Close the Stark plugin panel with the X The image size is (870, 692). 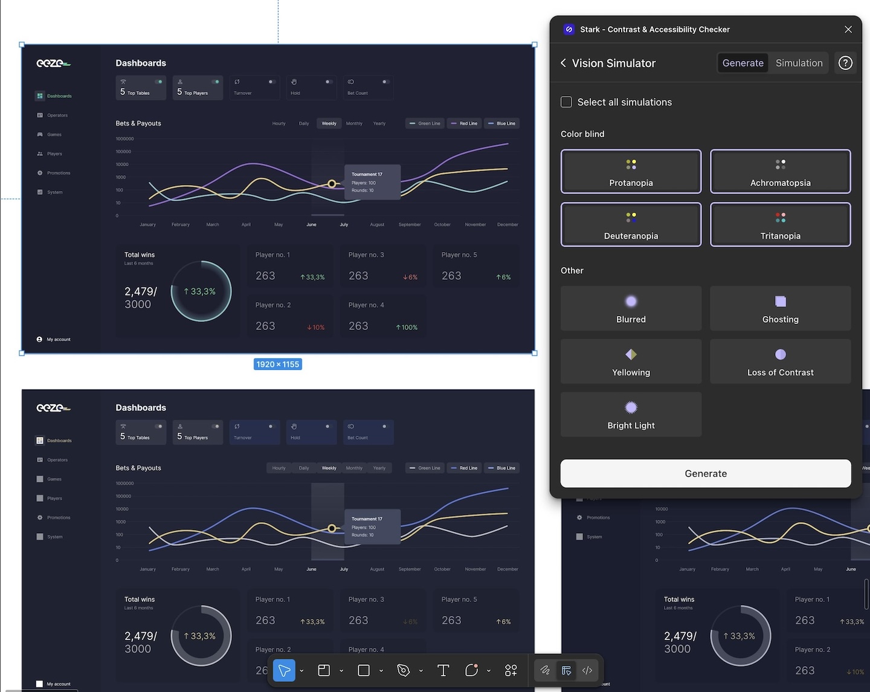848,29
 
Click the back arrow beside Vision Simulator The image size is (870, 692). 563,63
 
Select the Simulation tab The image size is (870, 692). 799,63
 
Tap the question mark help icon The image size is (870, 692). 845,63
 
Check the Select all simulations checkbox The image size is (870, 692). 566,102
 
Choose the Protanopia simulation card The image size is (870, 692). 631,172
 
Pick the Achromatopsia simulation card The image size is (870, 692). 780,172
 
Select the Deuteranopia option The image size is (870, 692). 631,225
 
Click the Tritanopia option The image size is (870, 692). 780,225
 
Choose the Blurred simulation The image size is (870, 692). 631,308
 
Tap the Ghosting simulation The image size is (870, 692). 780,308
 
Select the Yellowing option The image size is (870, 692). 631,361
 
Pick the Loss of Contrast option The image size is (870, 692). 780,361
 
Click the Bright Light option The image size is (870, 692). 631,415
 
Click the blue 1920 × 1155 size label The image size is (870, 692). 278,364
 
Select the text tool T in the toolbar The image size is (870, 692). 443,670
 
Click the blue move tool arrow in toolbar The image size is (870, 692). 284,670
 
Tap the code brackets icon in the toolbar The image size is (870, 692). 587,670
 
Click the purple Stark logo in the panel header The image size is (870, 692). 569,29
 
